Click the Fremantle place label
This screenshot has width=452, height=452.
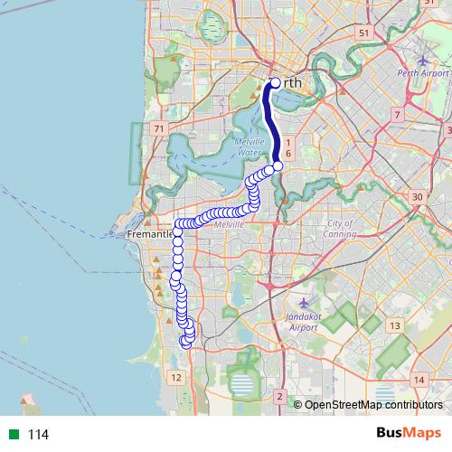point(150,234)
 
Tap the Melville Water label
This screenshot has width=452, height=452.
point(250,148)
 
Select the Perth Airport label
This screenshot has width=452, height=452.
point(423,72)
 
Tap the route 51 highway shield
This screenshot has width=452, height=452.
point(364,33)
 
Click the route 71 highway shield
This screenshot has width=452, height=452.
point(160,129)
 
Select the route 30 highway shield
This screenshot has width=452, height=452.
point(417,197)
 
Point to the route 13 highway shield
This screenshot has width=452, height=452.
point(395,325)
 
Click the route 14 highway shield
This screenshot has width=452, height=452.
point(419,380)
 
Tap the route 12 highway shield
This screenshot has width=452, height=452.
point(176,376)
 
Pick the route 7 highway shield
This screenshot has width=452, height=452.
point(397,115)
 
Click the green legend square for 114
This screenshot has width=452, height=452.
point(11,435)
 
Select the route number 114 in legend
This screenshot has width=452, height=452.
point(38,435)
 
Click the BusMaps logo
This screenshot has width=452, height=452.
point(409,434)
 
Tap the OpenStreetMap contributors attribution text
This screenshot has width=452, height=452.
point(373,405)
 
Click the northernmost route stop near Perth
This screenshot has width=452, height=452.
point(276,83)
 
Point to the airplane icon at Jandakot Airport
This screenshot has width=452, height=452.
point(302,302)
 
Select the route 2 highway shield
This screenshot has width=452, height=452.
point(281,398)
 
